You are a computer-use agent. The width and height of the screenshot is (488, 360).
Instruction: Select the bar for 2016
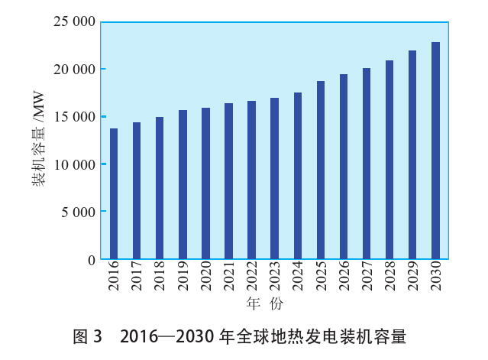coord(114,194)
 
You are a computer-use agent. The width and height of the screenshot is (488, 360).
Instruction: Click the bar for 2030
coord(435,151)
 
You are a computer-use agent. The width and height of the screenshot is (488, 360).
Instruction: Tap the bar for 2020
coord(205,183)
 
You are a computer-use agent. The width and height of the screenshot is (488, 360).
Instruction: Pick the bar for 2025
coord(321,170)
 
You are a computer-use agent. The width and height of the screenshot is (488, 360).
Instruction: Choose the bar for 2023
coord(275,179)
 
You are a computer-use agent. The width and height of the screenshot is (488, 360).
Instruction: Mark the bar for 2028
coord(389,160)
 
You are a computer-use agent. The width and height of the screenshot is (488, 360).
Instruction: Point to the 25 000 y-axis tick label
coord(74,21)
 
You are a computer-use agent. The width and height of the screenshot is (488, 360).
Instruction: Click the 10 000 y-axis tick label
coord(74,164)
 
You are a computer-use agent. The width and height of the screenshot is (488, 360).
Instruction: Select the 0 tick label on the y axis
coord(92,260)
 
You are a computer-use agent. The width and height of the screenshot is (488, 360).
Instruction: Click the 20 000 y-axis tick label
coord(74,69)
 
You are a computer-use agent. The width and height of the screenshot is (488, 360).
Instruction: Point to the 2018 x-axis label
coord(160,277)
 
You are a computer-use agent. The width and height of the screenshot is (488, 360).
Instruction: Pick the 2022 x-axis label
coord(252,277)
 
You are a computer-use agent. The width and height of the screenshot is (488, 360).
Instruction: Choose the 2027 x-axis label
coord(367,277)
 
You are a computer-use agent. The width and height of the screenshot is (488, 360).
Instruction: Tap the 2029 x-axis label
coord(412,277)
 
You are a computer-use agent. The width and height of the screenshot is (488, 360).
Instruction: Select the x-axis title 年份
coord(265,304)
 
